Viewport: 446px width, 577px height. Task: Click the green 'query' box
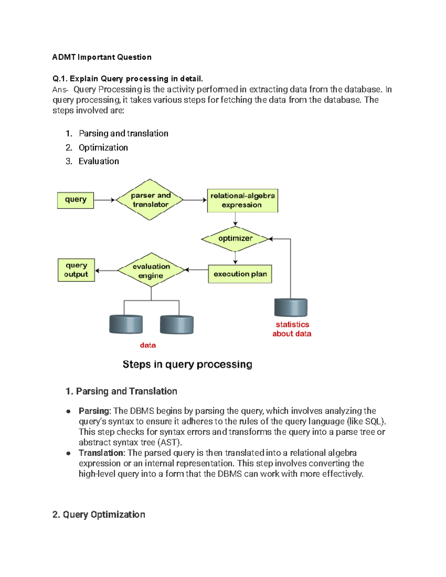pyautogui.click(x=75, y=200)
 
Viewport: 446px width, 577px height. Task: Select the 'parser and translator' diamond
pyautogui.click(x=150, y=200)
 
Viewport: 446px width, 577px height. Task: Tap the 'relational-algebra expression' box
pyautogui.click(x=242, y=201)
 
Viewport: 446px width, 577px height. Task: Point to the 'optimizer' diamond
pyautogui.click(x=235, y=239)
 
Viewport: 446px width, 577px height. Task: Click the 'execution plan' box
pyautogui.click(x=240, y=274)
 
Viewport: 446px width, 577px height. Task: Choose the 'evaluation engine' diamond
pyautogui.click(x=151, y=270)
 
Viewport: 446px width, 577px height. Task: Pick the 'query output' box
pyautogui.click(x=76, y=270)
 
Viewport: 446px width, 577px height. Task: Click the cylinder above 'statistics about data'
pyautogui.click(x=291, y=308)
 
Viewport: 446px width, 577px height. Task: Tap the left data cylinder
pyautogui.click(x=126, y=324)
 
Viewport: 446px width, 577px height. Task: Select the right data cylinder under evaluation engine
pyautogui.click(x=177, y=325)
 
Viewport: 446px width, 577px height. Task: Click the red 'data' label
pyautogui.click(x=148, y=345)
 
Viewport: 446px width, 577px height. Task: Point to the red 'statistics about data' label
pyautogui.click(x=292, y=329)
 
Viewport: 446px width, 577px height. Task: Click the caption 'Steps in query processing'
pyautogui.click(x=187, y=364)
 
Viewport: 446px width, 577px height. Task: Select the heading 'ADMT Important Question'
pyautogui.click(x=102, y=57)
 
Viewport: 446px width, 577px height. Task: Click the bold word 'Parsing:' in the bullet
pyautogui.click(x=94, y=411)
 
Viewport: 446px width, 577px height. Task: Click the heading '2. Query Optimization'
pyautogui.click(x=99, y=515)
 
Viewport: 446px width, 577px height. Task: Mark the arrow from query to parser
pyautogui.click(x=104, y=200)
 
